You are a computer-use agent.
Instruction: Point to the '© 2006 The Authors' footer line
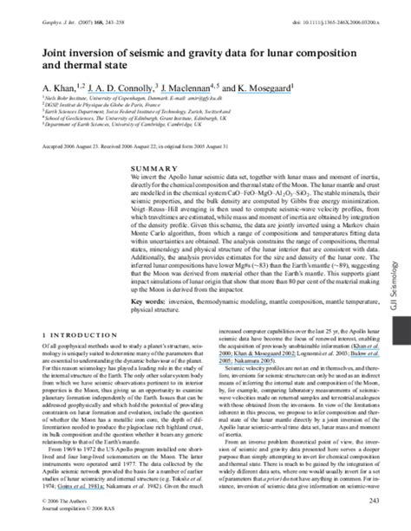click(63, 502)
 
